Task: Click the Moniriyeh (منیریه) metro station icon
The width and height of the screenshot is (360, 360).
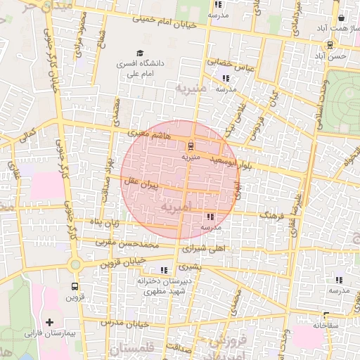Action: [x=189, y=146]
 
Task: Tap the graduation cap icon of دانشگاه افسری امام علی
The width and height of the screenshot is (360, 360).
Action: [x=139, y=53]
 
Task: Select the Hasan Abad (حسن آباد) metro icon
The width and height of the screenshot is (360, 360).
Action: [x=330, y=44]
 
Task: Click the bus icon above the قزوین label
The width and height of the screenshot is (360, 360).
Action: [x=75, y=287]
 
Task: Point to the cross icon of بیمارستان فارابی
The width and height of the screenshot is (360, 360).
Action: [x=49, y=322]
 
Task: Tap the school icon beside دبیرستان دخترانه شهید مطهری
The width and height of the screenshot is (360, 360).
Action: [x=165, y=270]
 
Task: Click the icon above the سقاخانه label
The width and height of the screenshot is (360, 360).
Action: [x=326, y=316]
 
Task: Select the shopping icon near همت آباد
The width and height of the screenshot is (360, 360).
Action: [x=341, y=18]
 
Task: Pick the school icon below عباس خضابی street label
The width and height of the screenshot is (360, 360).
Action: [x=226, y=79]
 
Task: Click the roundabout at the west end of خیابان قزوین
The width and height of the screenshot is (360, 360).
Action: [x=75, y=265]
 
